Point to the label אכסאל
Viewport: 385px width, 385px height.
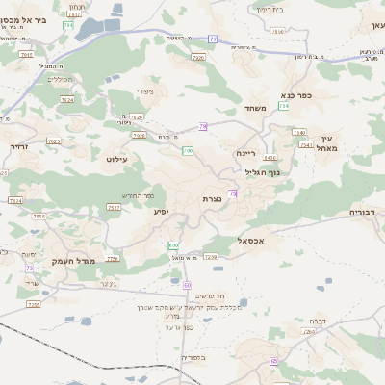point(251,241)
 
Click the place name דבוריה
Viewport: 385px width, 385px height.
point(366,211)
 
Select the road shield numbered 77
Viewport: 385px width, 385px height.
point(213,39)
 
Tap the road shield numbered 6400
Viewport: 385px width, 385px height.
point(269,158)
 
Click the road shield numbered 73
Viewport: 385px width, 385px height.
point(30,268)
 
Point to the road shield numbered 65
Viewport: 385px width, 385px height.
point(274,361)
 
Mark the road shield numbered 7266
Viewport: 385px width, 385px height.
point(211,257)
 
